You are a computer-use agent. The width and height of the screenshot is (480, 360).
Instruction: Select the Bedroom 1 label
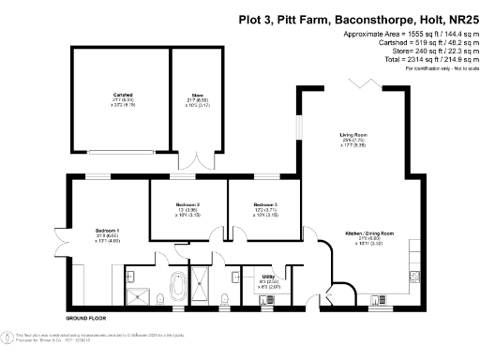pos(107,230)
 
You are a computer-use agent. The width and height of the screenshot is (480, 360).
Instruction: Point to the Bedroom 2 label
pos(187,204)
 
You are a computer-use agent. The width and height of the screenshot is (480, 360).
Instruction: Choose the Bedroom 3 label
pos(265,204)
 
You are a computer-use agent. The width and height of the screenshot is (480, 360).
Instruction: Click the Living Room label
pos(353,136)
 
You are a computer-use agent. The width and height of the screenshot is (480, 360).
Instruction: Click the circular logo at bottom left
pos(10,336)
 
